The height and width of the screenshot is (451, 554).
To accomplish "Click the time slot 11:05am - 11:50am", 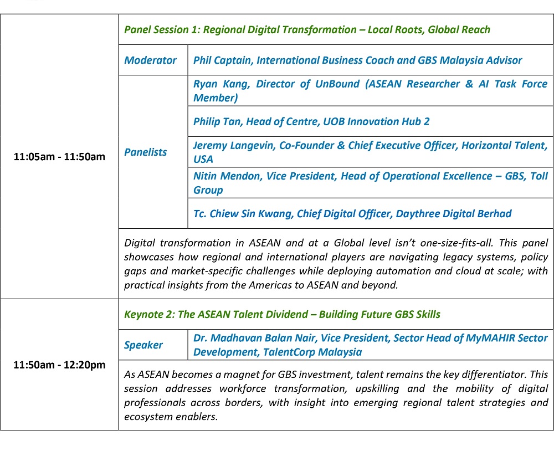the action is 59,157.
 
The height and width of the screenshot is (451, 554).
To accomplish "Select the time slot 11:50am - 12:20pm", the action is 59,365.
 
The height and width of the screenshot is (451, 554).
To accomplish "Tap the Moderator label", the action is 150,60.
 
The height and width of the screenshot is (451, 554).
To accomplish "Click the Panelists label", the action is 145,152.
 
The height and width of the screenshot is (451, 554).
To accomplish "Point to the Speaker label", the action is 143,345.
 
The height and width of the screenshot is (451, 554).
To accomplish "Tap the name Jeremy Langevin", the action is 234,145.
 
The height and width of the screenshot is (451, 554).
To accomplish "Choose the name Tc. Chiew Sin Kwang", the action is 243,213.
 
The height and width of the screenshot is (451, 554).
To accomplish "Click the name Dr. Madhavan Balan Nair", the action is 254,338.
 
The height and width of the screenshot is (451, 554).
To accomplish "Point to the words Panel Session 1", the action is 162,30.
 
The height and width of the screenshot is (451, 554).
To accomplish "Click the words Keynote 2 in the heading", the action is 149,314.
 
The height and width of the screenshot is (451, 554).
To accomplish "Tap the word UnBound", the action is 337,84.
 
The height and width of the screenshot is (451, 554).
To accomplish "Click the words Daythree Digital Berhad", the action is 454,213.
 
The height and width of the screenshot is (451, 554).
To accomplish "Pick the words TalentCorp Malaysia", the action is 312,352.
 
